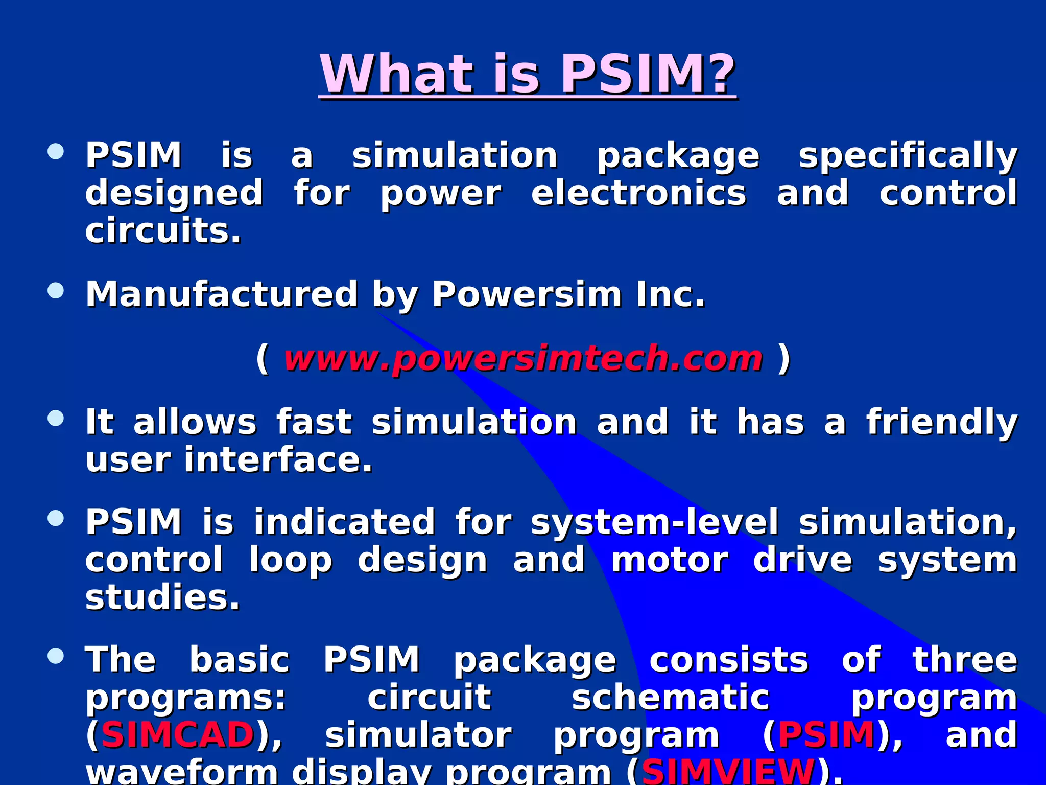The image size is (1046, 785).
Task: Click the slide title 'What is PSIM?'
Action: tap(528, 75)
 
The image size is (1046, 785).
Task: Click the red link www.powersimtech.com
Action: tap(523, 359)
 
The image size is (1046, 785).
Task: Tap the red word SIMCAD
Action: tap(178, 734)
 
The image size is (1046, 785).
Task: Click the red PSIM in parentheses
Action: tap(826, 734)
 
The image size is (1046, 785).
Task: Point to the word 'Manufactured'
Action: tap(221, 294)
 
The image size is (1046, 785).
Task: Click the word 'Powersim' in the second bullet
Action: tap(526, 294)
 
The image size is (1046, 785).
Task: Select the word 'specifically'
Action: tap(908, 156)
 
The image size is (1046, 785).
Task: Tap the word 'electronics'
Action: tap(638, 194)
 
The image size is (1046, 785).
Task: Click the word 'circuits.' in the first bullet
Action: tap(163, 231)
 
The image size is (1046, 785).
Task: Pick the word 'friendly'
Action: tap(941, 423)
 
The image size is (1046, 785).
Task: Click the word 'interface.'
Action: tap(278, 460)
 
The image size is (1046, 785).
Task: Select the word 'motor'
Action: tap(670, 560)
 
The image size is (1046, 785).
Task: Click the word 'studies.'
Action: tap(162, 597)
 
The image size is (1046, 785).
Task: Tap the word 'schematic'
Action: tap(670, 698)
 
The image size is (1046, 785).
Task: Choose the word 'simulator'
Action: tap(418, 735)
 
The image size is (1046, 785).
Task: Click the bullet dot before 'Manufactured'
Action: tap(56, 291)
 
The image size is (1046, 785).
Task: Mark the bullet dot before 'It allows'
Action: tap(56, 419)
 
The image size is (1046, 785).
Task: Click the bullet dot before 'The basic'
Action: tap(56, 656)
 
